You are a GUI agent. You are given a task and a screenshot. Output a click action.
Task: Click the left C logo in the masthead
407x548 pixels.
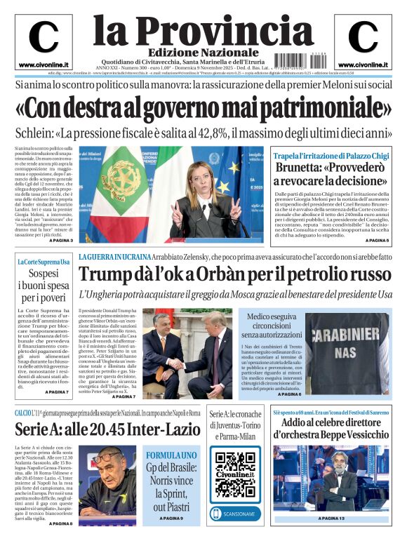(x=43, y=37)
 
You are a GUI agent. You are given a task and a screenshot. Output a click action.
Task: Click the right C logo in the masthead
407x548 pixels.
(x=362, y=37)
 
